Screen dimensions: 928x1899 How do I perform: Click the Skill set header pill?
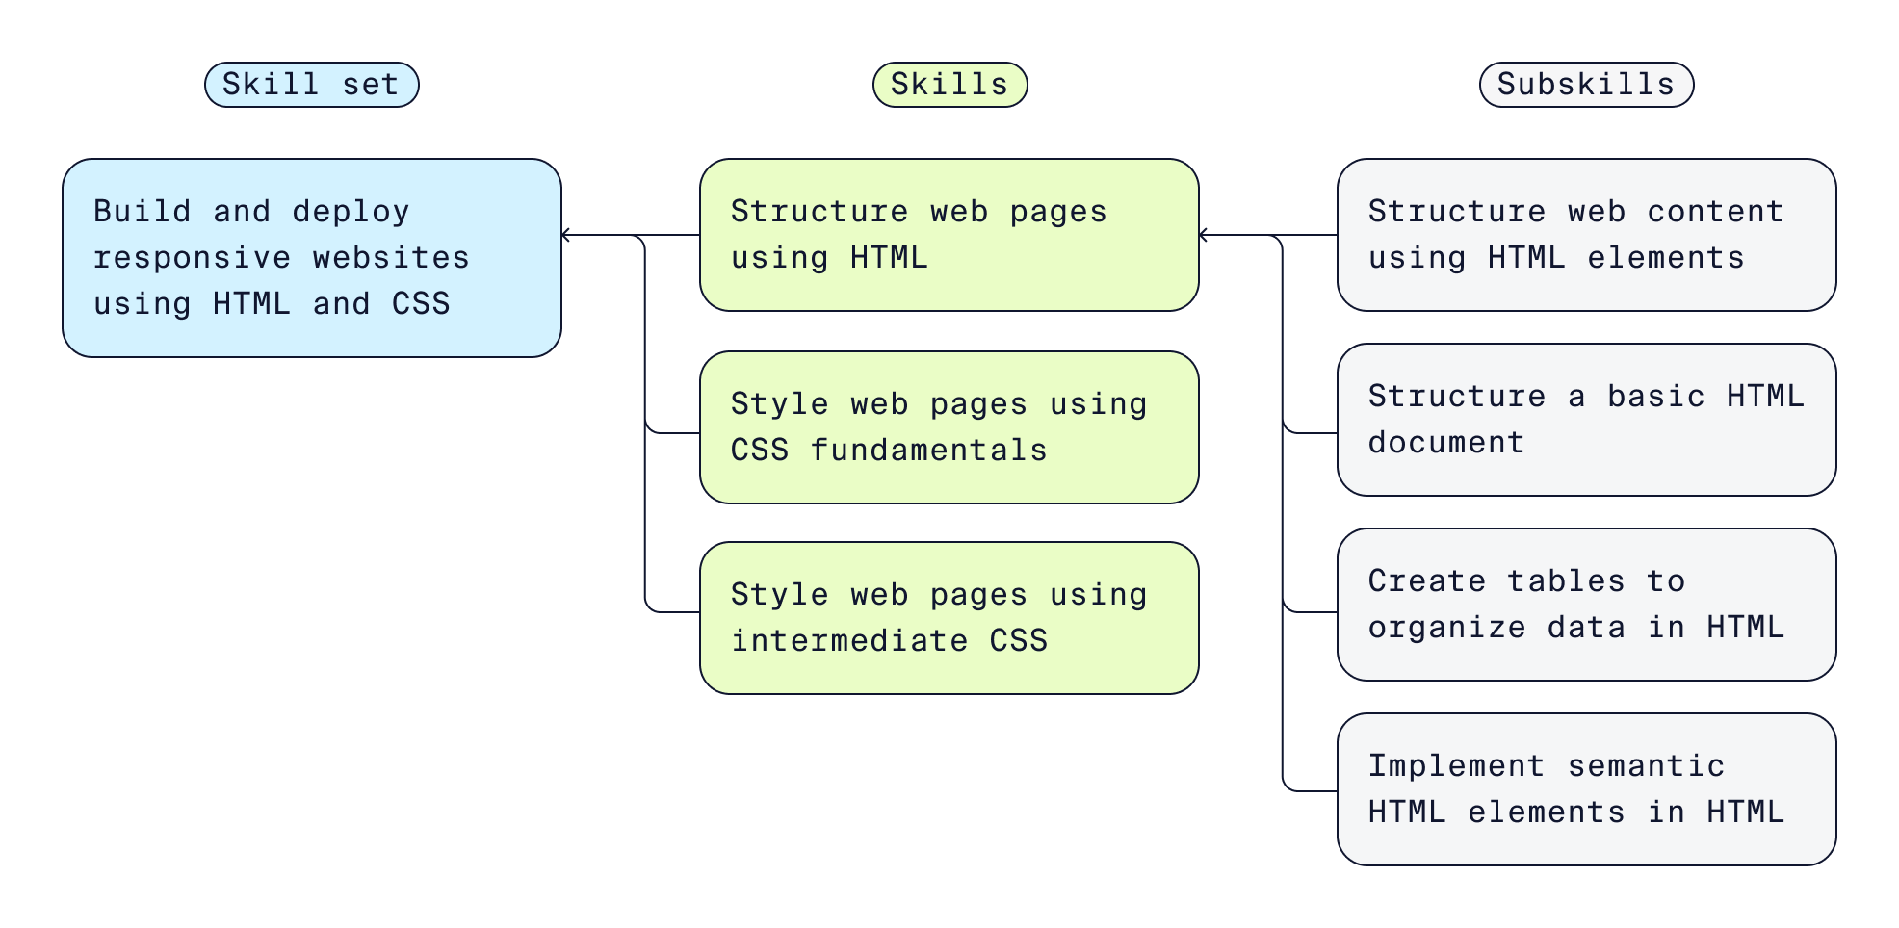pyautogui.click(x=311, y=85)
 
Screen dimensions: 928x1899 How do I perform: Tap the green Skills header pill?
pyautogui.click(x=949, y=85)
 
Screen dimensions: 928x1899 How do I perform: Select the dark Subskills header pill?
pyautogui.click(x=1586, y=85)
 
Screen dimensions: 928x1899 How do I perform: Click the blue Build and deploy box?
pyautogui.click(x=311, y=258)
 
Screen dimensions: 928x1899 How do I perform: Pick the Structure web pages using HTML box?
pyautogui.click(x=949, y=235)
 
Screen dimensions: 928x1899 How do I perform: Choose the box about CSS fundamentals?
pyautogui.click(x=949, y=427)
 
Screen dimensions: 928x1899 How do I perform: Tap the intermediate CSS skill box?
pyautogui.click(x=949, y=618)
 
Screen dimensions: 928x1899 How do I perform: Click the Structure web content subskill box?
pyautogui.click(x=1586, y=235)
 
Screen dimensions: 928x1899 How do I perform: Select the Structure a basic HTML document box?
pyautogui.click(x=1586, y=420)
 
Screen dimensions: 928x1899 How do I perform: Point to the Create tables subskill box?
pyautogui.click(x=1586, y=605)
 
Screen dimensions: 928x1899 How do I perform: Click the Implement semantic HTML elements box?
pyautogui.click(x=1586, y=789)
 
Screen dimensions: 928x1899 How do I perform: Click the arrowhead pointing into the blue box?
pyautogui.click(x=567, y=235)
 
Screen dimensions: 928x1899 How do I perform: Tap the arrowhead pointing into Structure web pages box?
pyautogui.click(x=1205, y=235)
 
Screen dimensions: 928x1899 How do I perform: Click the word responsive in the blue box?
pyautogui.click(x=192, y=258)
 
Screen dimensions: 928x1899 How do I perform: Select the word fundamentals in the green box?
pyautogui.click(x=928, y=451)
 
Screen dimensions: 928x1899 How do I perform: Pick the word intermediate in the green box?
pyautogui.click(x=848, y=641)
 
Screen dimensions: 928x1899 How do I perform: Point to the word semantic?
pyautogui.click(x=1646, y=766)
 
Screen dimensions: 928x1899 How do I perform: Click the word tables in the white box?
pyautogui.click(x=1566, y=581)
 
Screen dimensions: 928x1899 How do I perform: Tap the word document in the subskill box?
pyautogui.click(x=1446, y=443)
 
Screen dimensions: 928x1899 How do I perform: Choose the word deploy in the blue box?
pyautogui.click(x=351, y=212)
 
